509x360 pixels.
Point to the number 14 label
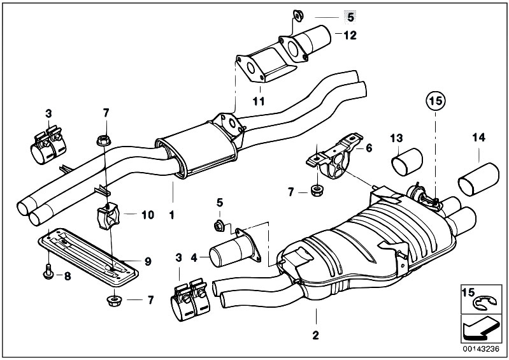(479, 137)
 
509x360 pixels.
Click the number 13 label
(397, 137)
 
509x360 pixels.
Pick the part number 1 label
(171, 215)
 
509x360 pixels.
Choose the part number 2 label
(315, 333)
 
